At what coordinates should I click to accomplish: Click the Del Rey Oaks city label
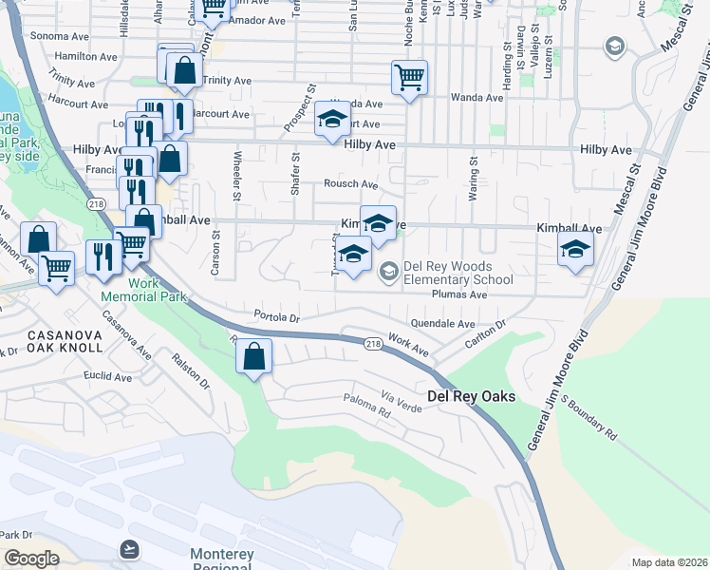click(472, 396)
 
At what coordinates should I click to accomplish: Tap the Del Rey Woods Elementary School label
click(458, 273)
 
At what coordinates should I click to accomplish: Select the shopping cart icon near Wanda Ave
click(409, 77)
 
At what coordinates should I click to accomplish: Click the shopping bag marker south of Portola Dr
click(254, 357)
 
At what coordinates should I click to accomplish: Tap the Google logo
click(31, 559)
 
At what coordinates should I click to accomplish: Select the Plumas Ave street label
click(458, 295)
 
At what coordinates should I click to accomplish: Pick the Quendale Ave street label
click(442, 324)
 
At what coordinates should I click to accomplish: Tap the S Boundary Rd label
click(591, 419)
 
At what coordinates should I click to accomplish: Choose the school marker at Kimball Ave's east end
click(574, 251)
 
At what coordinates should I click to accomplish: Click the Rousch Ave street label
click(350, 184)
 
